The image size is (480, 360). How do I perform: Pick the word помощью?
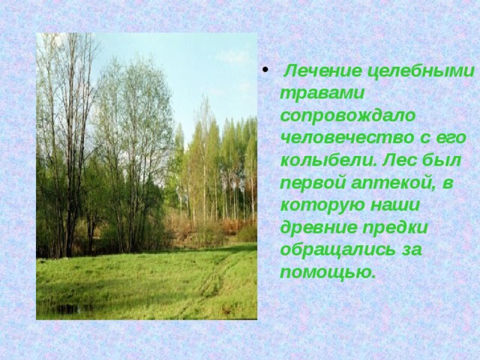(x=326, y=271)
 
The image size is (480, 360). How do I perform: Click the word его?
(x=452, y=138)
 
